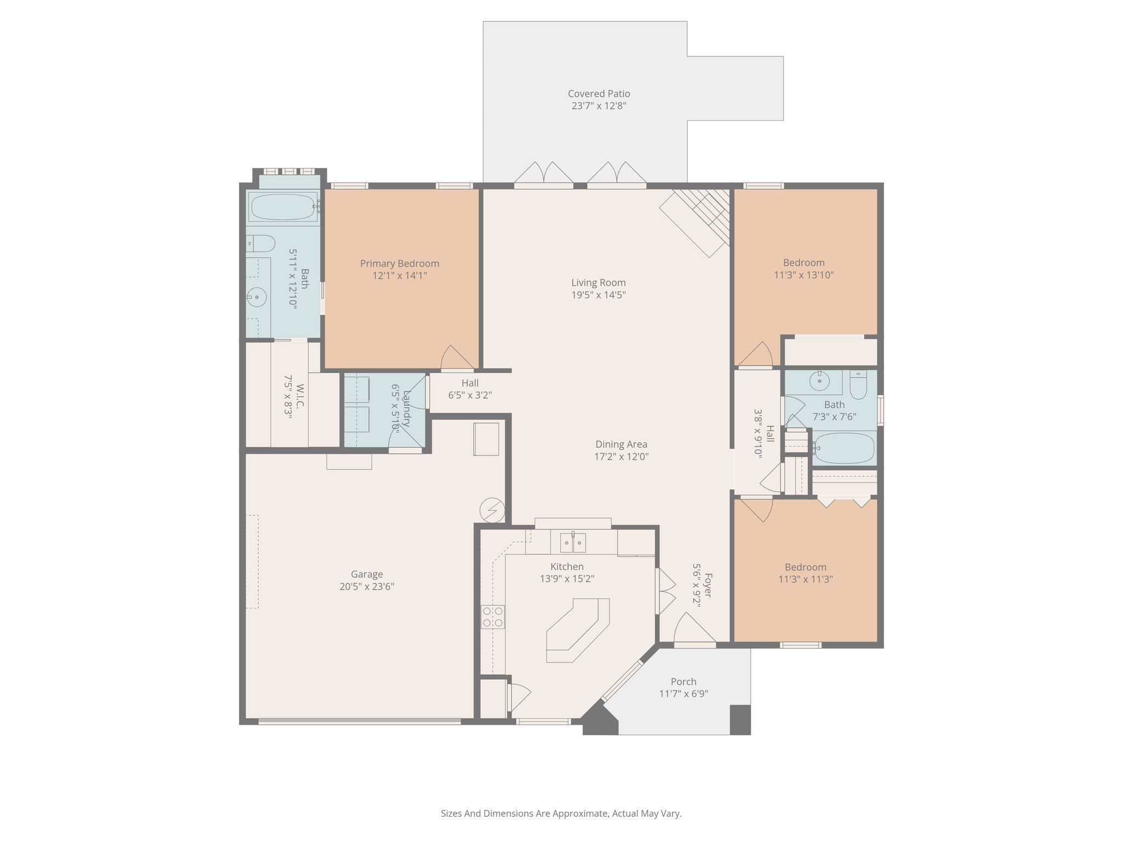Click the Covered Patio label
[599, 94]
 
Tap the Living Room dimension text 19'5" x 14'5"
[598, 295]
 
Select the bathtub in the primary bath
[283, 207]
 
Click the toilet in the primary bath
[260, 242]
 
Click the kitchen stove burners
[492, 617]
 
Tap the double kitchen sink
[572, 542]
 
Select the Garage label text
[367, 574]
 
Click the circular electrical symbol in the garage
[492, 510]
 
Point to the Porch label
[683, 681]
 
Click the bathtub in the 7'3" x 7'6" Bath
[843, 448]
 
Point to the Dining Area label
[621, 444]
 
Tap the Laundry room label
[406, 408]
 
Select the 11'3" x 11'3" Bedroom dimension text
[806, 579]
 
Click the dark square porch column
[740, 719]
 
